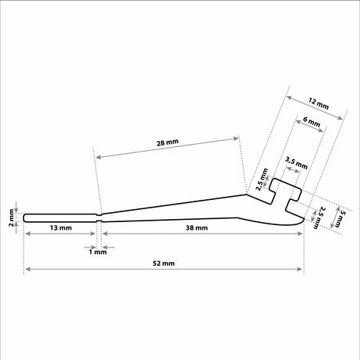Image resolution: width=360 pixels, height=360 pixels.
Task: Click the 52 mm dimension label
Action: tap(164, 263)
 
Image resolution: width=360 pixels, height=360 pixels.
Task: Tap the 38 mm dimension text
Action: tap(197, 227)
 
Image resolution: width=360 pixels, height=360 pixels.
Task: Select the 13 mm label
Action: tap(61, 227)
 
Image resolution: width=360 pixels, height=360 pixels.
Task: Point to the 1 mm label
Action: tap(98, 252)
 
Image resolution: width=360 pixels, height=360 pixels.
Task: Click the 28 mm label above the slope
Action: tap(168, 142)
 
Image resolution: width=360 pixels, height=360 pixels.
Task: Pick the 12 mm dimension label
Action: tap(318, 103)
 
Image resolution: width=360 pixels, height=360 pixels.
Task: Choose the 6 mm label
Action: tap(311, 122)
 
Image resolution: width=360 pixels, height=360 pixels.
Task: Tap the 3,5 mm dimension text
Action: tap(296, 163)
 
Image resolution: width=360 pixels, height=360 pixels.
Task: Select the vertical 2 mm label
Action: tap(11, 218)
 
